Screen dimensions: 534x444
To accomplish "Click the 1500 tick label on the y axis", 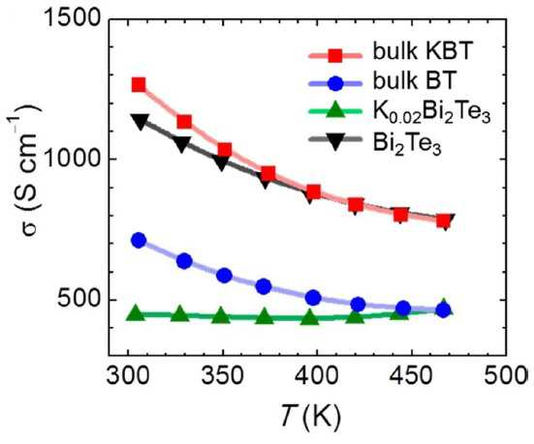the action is [73, 18].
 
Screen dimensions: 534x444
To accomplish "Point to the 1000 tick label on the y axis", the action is [73, 159].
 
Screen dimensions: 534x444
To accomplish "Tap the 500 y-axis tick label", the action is [79, 300].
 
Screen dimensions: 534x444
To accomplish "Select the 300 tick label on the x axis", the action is [128, 375].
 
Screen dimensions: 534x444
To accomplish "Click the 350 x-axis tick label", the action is [223, 375].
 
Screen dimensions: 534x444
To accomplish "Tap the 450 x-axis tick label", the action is [412, 375].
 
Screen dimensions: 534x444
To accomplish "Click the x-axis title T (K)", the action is [310, 416].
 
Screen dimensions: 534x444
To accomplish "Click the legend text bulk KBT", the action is [423, 51].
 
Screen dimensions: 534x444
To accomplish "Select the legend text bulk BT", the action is [414, 80].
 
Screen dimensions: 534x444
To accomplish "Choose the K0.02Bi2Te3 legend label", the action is [431, 112].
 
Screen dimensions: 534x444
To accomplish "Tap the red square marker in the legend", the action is [335, 56].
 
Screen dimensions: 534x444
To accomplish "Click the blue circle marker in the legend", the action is [335, 83].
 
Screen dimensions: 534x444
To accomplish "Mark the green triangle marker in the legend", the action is [335, 109].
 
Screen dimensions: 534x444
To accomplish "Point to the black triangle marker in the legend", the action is [335, 141].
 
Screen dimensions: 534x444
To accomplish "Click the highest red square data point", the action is [139, 84].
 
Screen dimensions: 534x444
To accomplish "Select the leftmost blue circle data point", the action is [139, 240].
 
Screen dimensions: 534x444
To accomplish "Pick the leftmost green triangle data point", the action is [136, 312].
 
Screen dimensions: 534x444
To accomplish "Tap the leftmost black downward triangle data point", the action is [141, 122].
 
